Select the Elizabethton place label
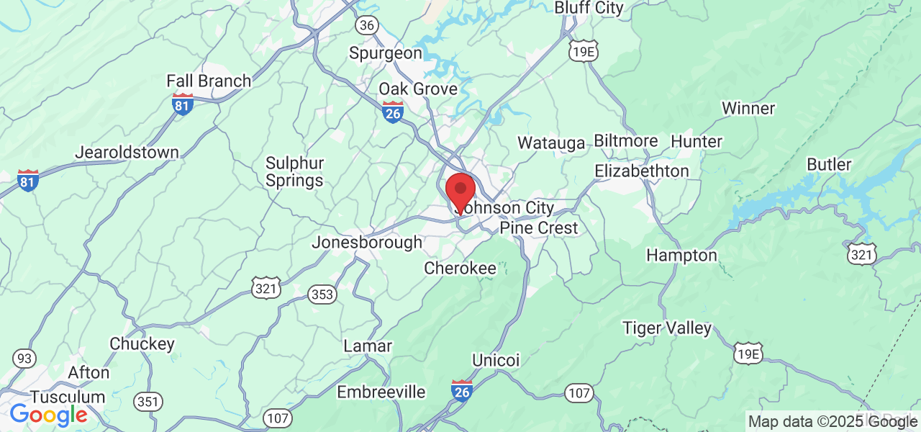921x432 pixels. [x=642, y=171]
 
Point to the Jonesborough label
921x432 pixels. [x=367, y=243]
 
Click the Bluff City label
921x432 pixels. [x=589, y=8]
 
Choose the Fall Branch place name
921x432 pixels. [x=209, y=81]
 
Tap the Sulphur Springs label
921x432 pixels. [x=294, y=171]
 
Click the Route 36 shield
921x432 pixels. [x=366, y=25]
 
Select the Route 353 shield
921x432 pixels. [x=322, y=294]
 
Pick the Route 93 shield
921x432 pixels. [x=24, y=358]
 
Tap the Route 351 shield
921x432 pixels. [x=148, y=402]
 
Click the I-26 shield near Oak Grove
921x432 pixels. [x=393, y=112]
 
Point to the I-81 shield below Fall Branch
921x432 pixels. [x=183, y=104]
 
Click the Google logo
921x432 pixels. [x=48, y=415]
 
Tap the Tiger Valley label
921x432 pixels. [x=667, y=328]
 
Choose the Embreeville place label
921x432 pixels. [x=381, y=392]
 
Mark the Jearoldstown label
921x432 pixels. [x=127, y=153]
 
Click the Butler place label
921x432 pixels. [x=829, y=164]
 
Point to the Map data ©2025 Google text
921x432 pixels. [x=832, y=422]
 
